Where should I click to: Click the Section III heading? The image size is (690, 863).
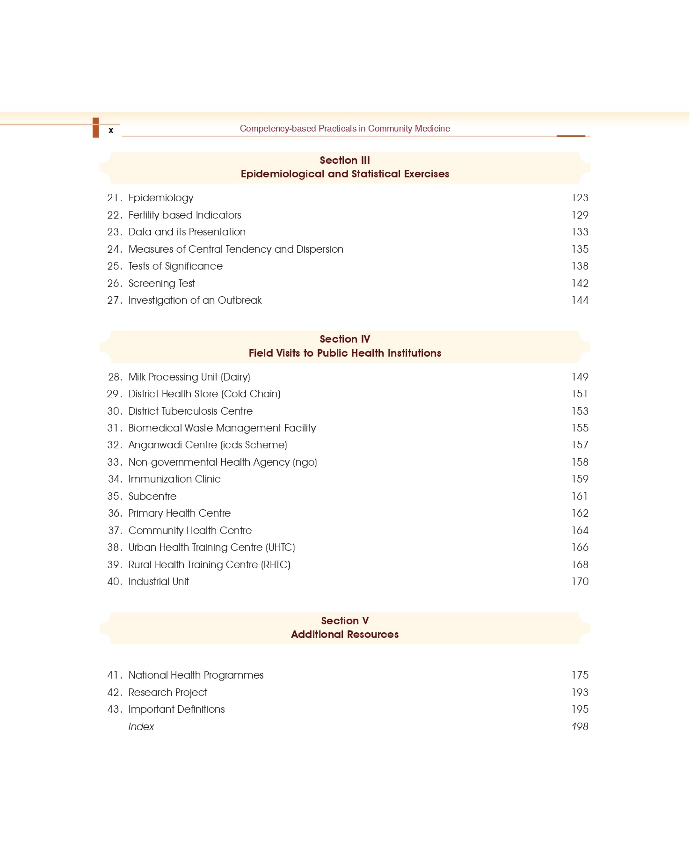pos(345,161)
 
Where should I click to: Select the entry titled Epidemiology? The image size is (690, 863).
pos(160,198)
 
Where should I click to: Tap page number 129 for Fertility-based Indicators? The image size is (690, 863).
pos(580,215)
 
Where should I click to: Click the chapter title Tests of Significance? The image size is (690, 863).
pos(175,266)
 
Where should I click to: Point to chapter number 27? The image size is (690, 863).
pos(114,300)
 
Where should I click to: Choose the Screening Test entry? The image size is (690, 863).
pos(161,284)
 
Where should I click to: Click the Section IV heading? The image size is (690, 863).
pos(345,339)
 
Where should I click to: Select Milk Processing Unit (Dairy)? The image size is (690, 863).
pos(189,377)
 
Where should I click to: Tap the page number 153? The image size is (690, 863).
pos(580,411)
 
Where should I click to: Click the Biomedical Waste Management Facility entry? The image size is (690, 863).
pos(222,428)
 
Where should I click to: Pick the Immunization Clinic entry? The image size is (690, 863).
pos(174,479)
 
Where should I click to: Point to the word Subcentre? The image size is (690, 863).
pos(153,497)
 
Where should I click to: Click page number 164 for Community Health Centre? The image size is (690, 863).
pos(580,531)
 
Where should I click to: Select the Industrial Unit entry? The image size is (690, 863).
pos(159,582)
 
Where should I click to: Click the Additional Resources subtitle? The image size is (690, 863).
pos(345,635)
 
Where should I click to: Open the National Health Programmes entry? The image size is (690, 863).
pos(196,675)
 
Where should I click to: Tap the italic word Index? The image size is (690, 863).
pos(141,727)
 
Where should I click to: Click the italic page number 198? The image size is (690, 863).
pos(580,727)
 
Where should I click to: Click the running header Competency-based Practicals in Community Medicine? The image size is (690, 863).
pos(345,129)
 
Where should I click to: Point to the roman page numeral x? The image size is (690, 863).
pos(111,131)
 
